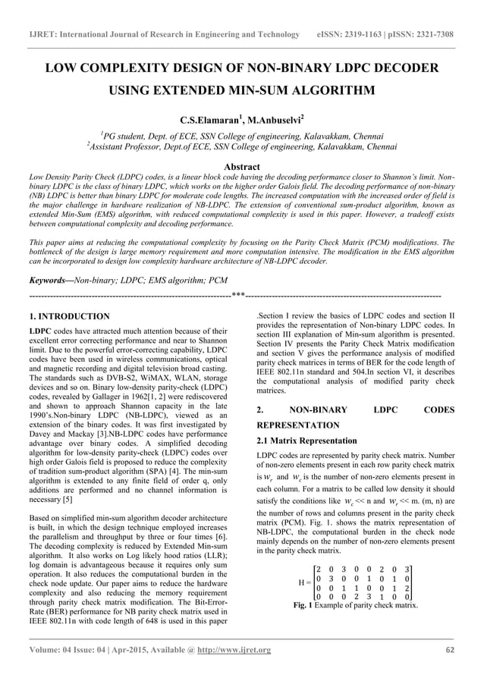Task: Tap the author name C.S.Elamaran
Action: pos(209,120)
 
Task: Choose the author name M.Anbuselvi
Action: pos(274,120)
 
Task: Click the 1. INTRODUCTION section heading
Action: pos(68,315)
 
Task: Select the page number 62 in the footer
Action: pos(449,650)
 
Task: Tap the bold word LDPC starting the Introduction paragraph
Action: pos(39,331)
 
